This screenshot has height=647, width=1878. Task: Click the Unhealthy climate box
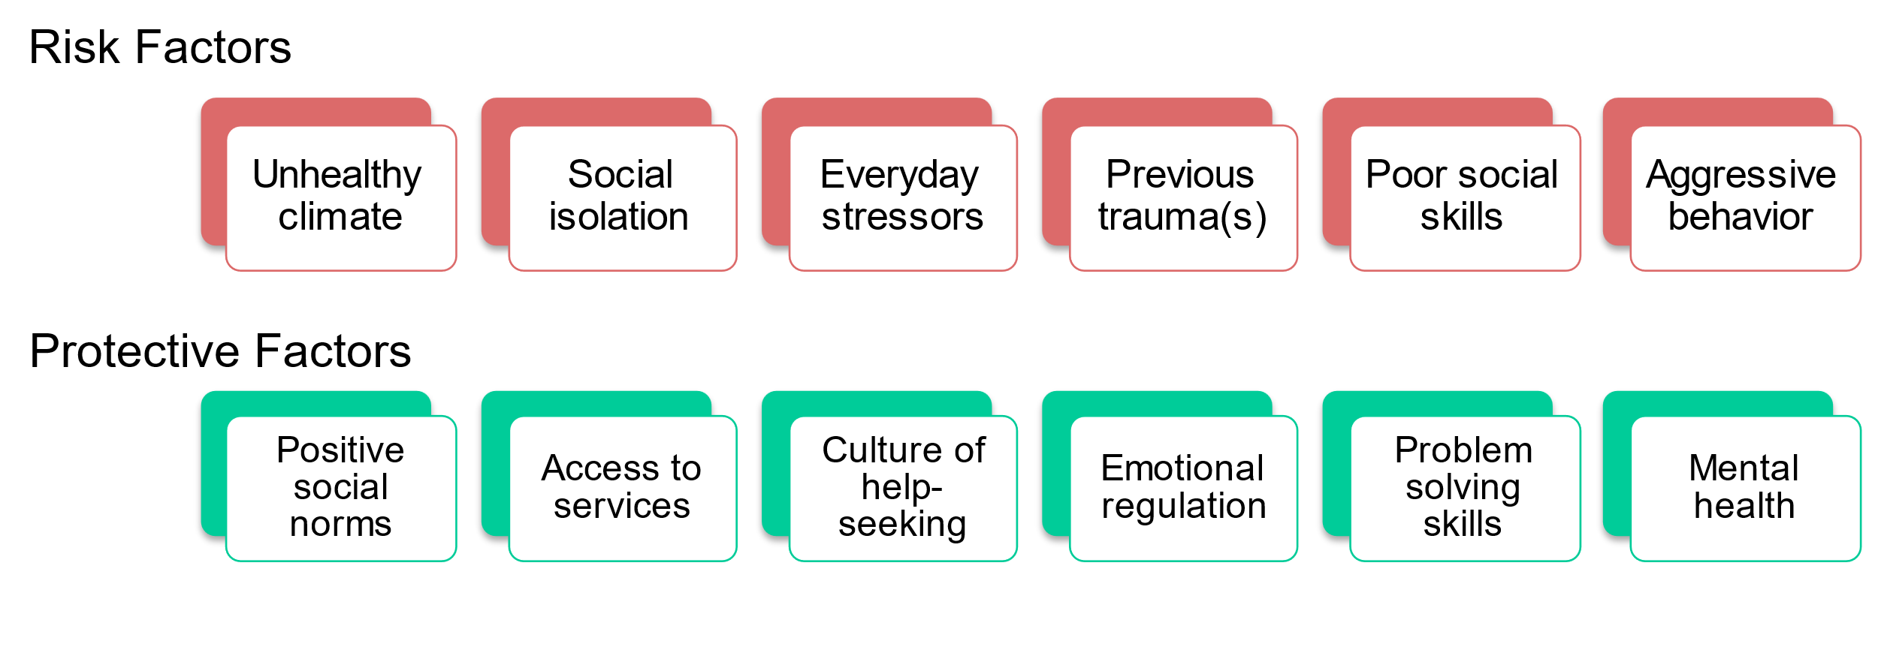(x=341, y=198)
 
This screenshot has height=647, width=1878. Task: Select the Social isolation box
(x=622, y=198)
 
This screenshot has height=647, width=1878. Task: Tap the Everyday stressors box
(x=903, y=198)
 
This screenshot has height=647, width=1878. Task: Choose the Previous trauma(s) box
(x=1183, y=198)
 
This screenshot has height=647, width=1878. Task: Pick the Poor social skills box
(x=1464, y=198)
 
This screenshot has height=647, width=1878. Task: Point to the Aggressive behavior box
(x=1744, y=198)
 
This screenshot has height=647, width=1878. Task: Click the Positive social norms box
(x=341, y=488)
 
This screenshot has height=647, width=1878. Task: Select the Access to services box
(x=622, y=488)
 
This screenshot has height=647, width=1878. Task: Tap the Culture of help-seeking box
(x=903, y=488)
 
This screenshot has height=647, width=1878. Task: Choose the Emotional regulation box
(x=1183, y=488)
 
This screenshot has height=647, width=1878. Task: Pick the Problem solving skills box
(x=1464, y=488)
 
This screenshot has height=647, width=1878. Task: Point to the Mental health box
(x=1744, y=488)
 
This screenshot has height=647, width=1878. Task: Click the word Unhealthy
(x=337, y=176)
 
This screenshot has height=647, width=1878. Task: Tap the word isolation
(x=618, y=217)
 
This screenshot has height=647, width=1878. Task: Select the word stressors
(x=902, y=217)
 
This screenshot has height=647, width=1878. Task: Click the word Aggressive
(x=1741, y=176)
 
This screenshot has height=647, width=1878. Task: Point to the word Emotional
(x=1182, y=468)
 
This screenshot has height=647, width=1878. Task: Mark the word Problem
(x=1463, y=450)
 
